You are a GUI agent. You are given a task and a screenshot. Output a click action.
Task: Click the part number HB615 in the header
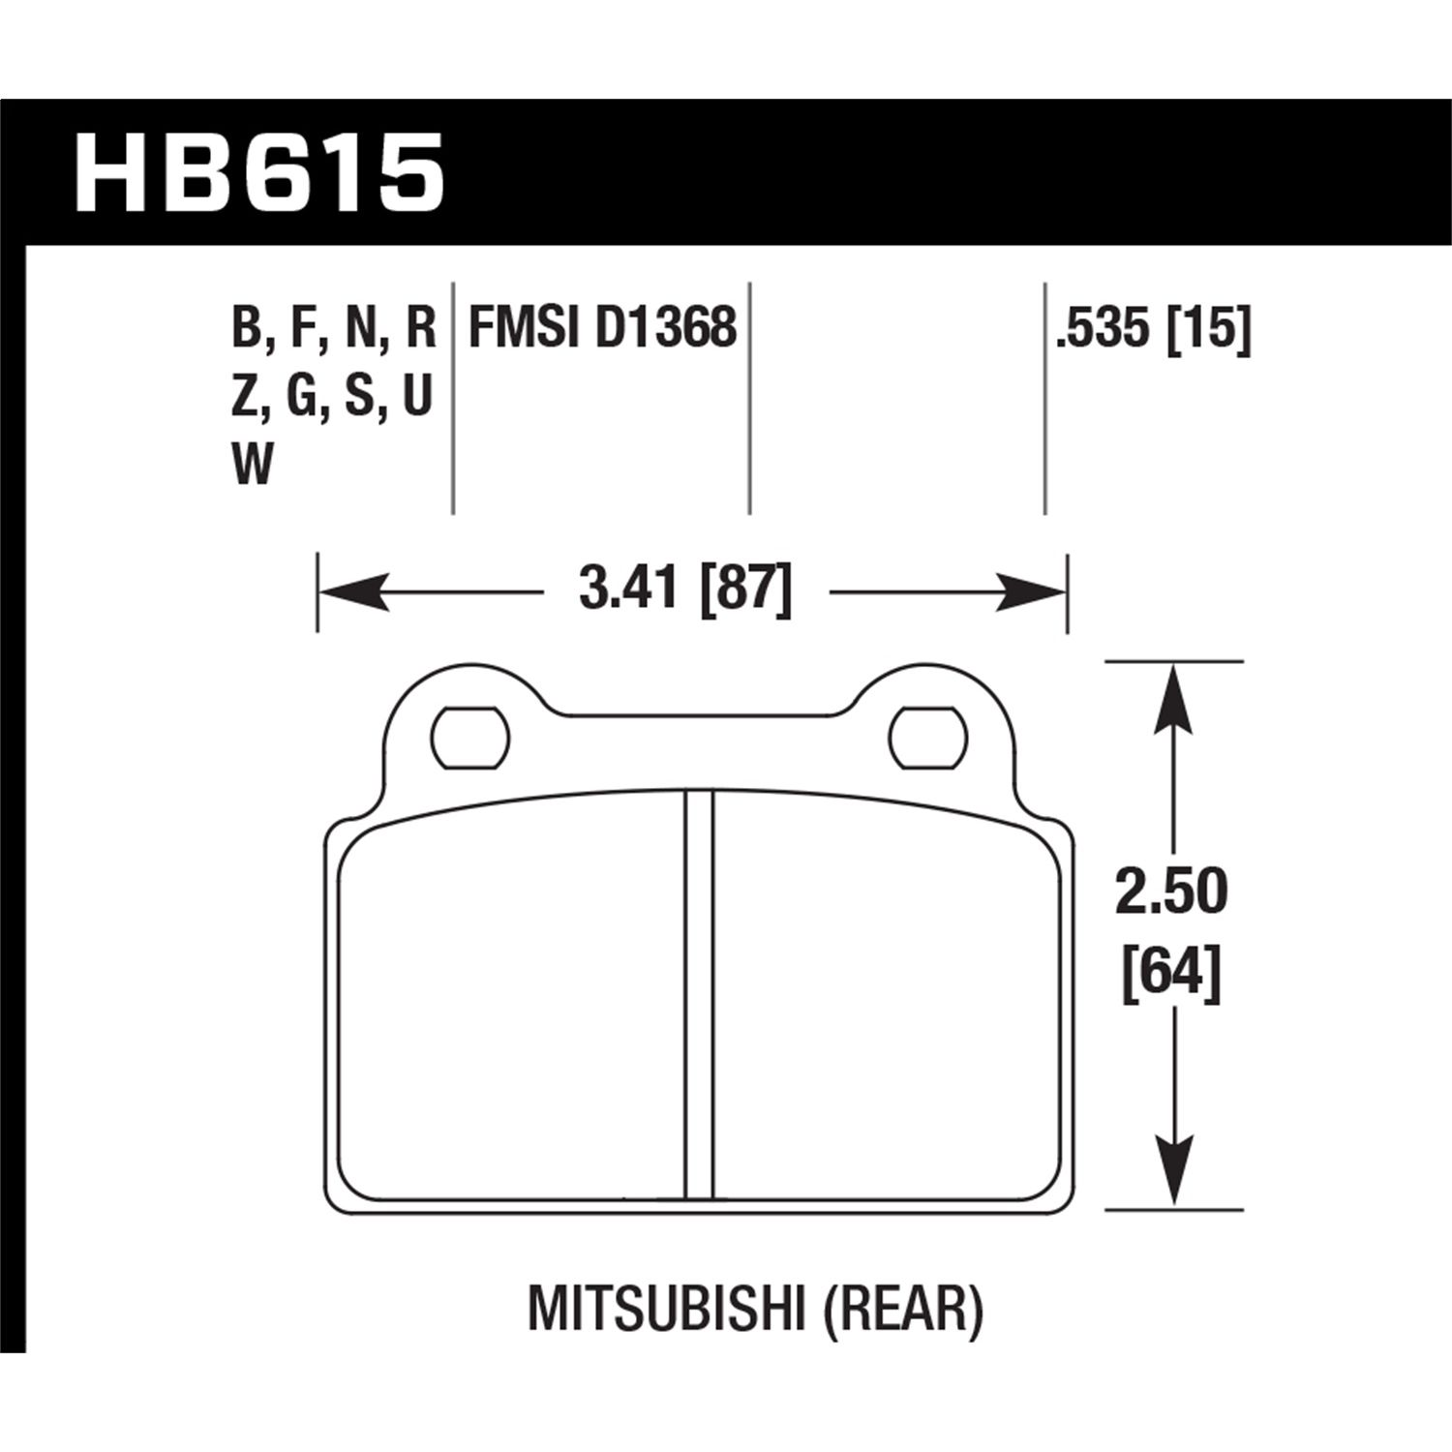coord(259,173)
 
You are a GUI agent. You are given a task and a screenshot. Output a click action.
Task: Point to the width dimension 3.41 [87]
coord(685,588)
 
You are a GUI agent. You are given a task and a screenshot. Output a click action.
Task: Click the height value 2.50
coord(1171,892)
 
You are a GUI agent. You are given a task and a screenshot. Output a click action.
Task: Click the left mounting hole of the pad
coord(470,740)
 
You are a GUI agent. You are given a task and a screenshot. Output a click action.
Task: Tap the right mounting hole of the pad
coord(929,740)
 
